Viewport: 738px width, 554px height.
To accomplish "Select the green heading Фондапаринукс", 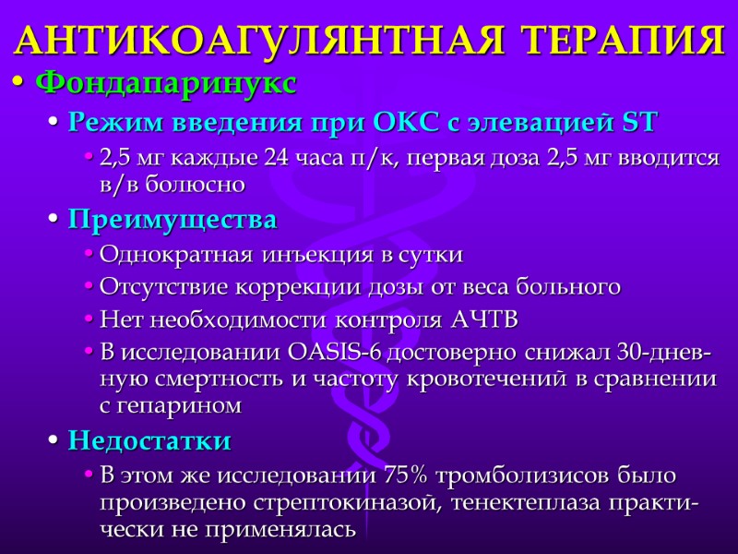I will coord(166,83).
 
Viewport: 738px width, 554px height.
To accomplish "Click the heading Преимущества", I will coord(173,221).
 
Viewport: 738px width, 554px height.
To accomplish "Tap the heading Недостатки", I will coord(149,440).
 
